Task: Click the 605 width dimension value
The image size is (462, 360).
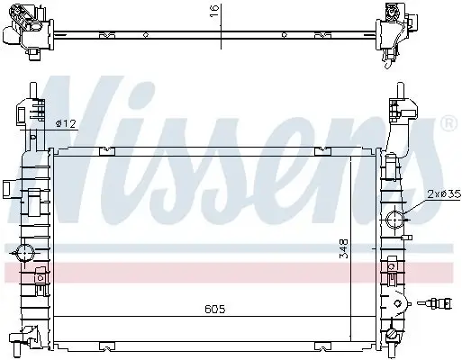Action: pyautogui.click(x=213, y=309)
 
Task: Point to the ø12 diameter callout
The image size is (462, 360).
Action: pyautogui.click(x=64, y=123)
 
